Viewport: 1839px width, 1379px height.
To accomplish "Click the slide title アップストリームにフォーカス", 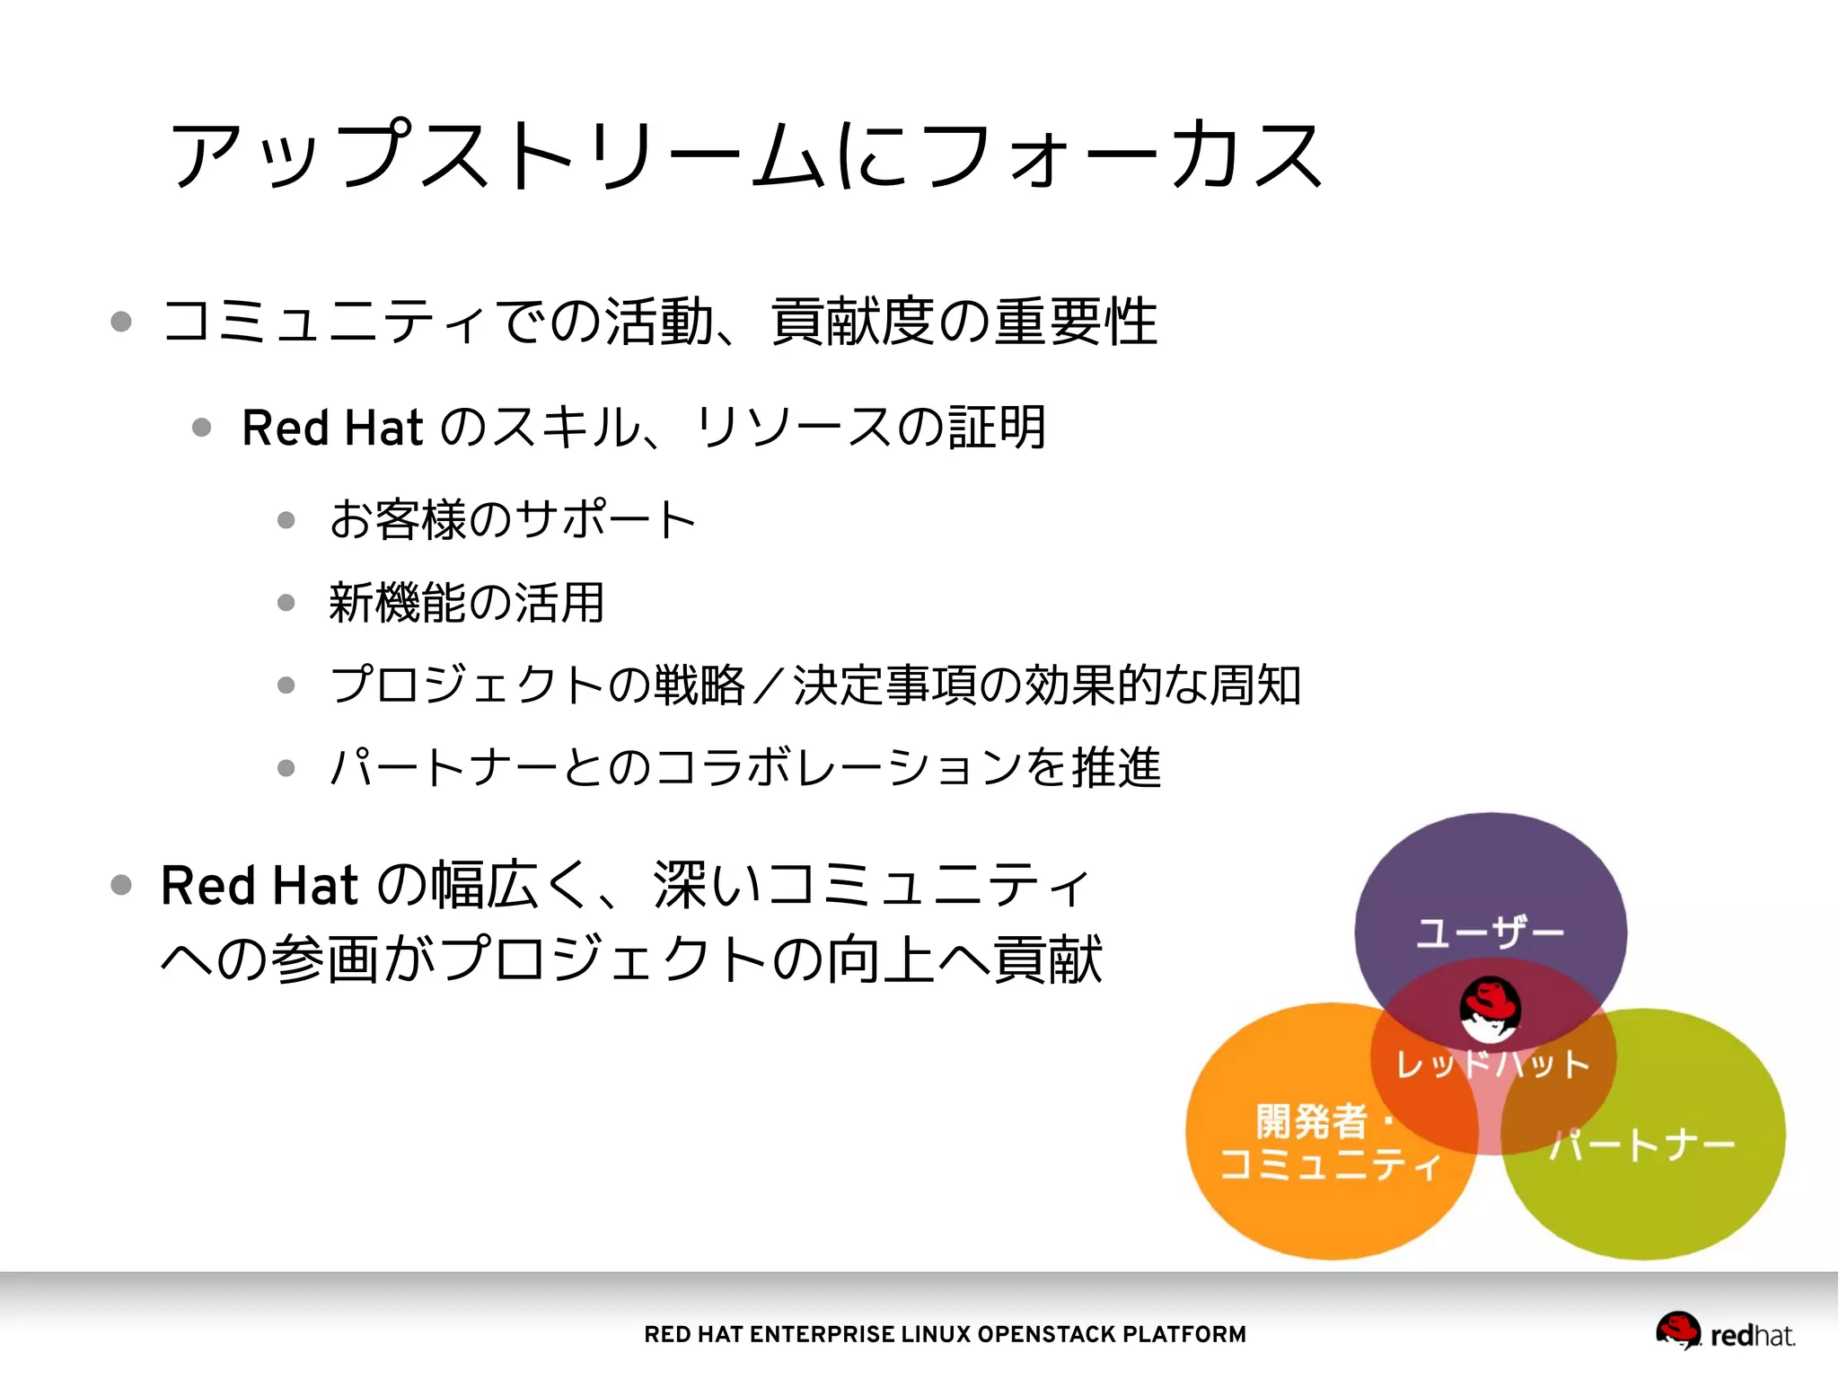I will (x=745, y=155).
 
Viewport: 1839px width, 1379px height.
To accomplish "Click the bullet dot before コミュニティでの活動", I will (x=121, y=322).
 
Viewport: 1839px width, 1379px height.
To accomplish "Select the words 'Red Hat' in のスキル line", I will (x=332, y=428).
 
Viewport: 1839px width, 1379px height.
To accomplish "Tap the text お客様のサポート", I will (x=512, y=519).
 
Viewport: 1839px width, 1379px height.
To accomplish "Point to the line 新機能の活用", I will (x=467, y=602).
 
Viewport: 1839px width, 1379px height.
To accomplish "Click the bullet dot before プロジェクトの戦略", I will (x=286, y=685).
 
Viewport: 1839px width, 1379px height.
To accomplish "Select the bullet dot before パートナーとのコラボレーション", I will (x=286, y=768).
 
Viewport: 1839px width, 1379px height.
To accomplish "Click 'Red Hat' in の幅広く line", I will (x=260, y=886).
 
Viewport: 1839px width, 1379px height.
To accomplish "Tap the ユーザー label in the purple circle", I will (x=1491, y=933).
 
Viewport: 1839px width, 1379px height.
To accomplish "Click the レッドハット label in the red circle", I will (x=1492, y=1065).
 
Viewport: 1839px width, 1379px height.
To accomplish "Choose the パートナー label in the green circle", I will (x=1643, y=1145).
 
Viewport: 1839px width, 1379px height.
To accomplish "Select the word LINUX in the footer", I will (x=935, y=1334).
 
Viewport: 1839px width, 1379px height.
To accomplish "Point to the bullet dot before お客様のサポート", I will (x=286, y=520).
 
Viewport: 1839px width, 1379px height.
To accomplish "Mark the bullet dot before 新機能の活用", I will (x=286, y=603).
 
